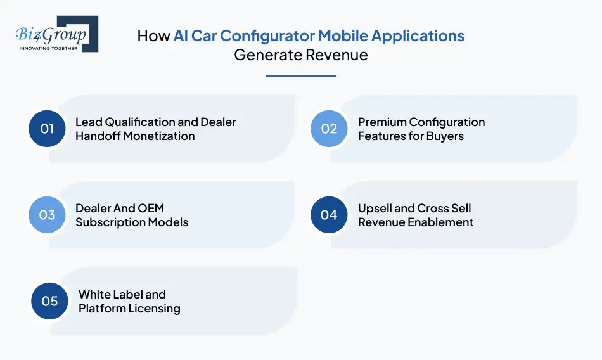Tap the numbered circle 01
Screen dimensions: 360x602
(x=48, y=129)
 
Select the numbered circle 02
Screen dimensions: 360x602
(x=329, y=129)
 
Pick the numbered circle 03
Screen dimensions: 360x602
(x=48, y=215)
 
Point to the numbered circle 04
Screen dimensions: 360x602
(x=329, y=215)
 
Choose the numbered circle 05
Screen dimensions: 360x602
(x=50, y=301)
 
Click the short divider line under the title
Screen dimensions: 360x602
(x=300, y=76)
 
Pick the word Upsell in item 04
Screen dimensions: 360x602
(x=376, y=208)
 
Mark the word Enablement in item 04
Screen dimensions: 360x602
(x=442, y=222)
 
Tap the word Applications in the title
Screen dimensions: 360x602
(x=426, y=35)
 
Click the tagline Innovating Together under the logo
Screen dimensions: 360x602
(x=49, y=48)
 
